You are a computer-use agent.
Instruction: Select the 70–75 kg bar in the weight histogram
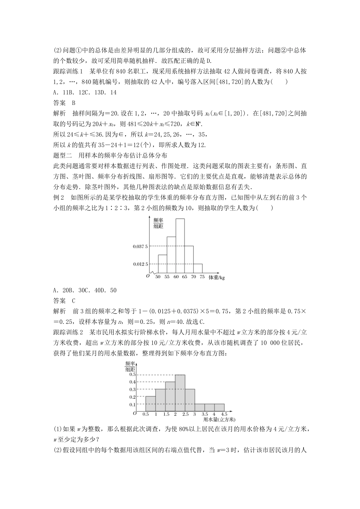pos(198,268)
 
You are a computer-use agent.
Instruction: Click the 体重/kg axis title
pos(217,278)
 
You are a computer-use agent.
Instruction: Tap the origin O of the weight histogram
pos(148,276)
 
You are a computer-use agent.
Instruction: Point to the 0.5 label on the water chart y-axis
pos(132,374)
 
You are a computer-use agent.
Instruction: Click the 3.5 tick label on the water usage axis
pos(205,415)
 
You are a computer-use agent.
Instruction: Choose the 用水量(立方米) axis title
pos(219,420)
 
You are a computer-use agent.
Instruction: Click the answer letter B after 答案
pos(74,103)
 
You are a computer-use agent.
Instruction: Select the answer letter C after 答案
pos(74,301)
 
